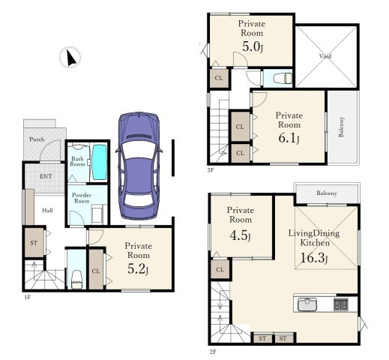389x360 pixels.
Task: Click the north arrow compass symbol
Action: (70, 57)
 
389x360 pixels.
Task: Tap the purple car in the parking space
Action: (139, 166)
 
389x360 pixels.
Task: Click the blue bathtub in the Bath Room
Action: (100, 162)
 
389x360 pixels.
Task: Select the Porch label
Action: (37, 139)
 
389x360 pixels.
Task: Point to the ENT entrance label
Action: (46, 176)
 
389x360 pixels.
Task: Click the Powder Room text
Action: (82, 198)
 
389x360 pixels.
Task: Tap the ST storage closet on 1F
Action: (34, 242)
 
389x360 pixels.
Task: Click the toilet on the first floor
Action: (76, 279)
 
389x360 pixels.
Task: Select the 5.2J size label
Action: (138, 269)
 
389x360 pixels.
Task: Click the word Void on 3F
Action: (325, 56)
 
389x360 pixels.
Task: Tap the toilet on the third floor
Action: (283, 78)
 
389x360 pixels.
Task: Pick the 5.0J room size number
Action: (253, 46)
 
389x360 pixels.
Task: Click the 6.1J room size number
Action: (289, 138)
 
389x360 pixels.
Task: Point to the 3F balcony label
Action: (341, 127)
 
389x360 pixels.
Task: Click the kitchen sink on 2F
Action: (307, 304)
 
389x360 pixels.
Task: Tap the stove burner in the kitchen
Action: (341, 304)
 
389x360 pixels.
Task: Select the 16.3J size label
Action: (313, 258)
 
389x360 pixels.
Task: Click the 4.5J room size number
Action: (240, 235)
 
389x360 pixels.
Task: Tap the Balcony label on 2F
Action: (327, 193)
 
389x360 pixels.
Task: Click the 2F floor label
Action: (213, 352)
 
